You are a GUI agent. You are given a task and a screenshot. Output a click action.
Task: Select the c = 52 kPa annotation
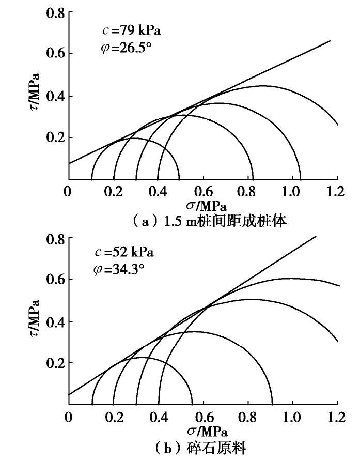124,253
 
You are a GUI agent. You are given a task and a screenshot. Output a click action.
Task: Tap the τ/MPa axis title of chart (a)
36,93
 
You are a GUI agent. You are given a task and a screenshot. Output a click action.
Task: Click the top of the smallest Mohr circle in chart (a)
135,139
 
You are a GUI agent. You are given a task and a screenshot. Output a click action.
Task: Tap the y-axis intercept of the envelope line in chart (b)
68,395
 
